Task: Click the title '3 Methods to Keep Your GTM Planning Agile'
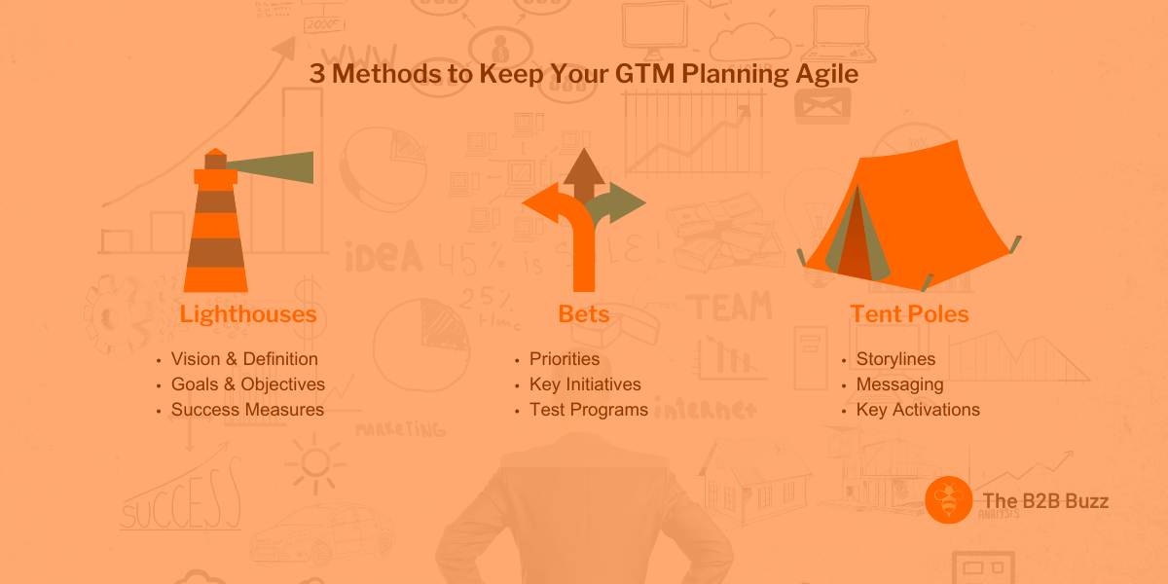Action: [x=584, y=74]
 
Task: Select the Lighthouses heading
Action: [x=248, y=314]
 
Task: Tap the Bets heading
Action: [x=584, y=314]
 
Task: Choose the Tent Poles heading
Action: [x=909, y=314]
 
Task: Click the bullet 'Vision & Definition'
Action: [x=244, y=359]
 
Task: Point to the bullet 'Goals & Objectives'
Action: [x=248, y=384]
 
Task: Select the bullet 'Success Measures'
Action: [x=247, y=410]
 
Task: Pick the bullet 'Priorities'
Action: [x=565, y=359]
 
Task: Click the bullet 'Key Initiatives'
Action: [x=585, y=384]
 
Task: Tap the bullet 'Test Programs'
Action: [x=588, y=410]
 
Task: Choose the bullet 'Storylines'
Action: [x=895, y=359]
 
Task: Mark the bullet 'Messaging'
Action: [x=899, y=384]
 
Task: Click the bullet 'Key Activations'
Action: [x=918, y=410]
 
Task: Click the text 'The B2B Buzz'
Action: [x=1045, y=501]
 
